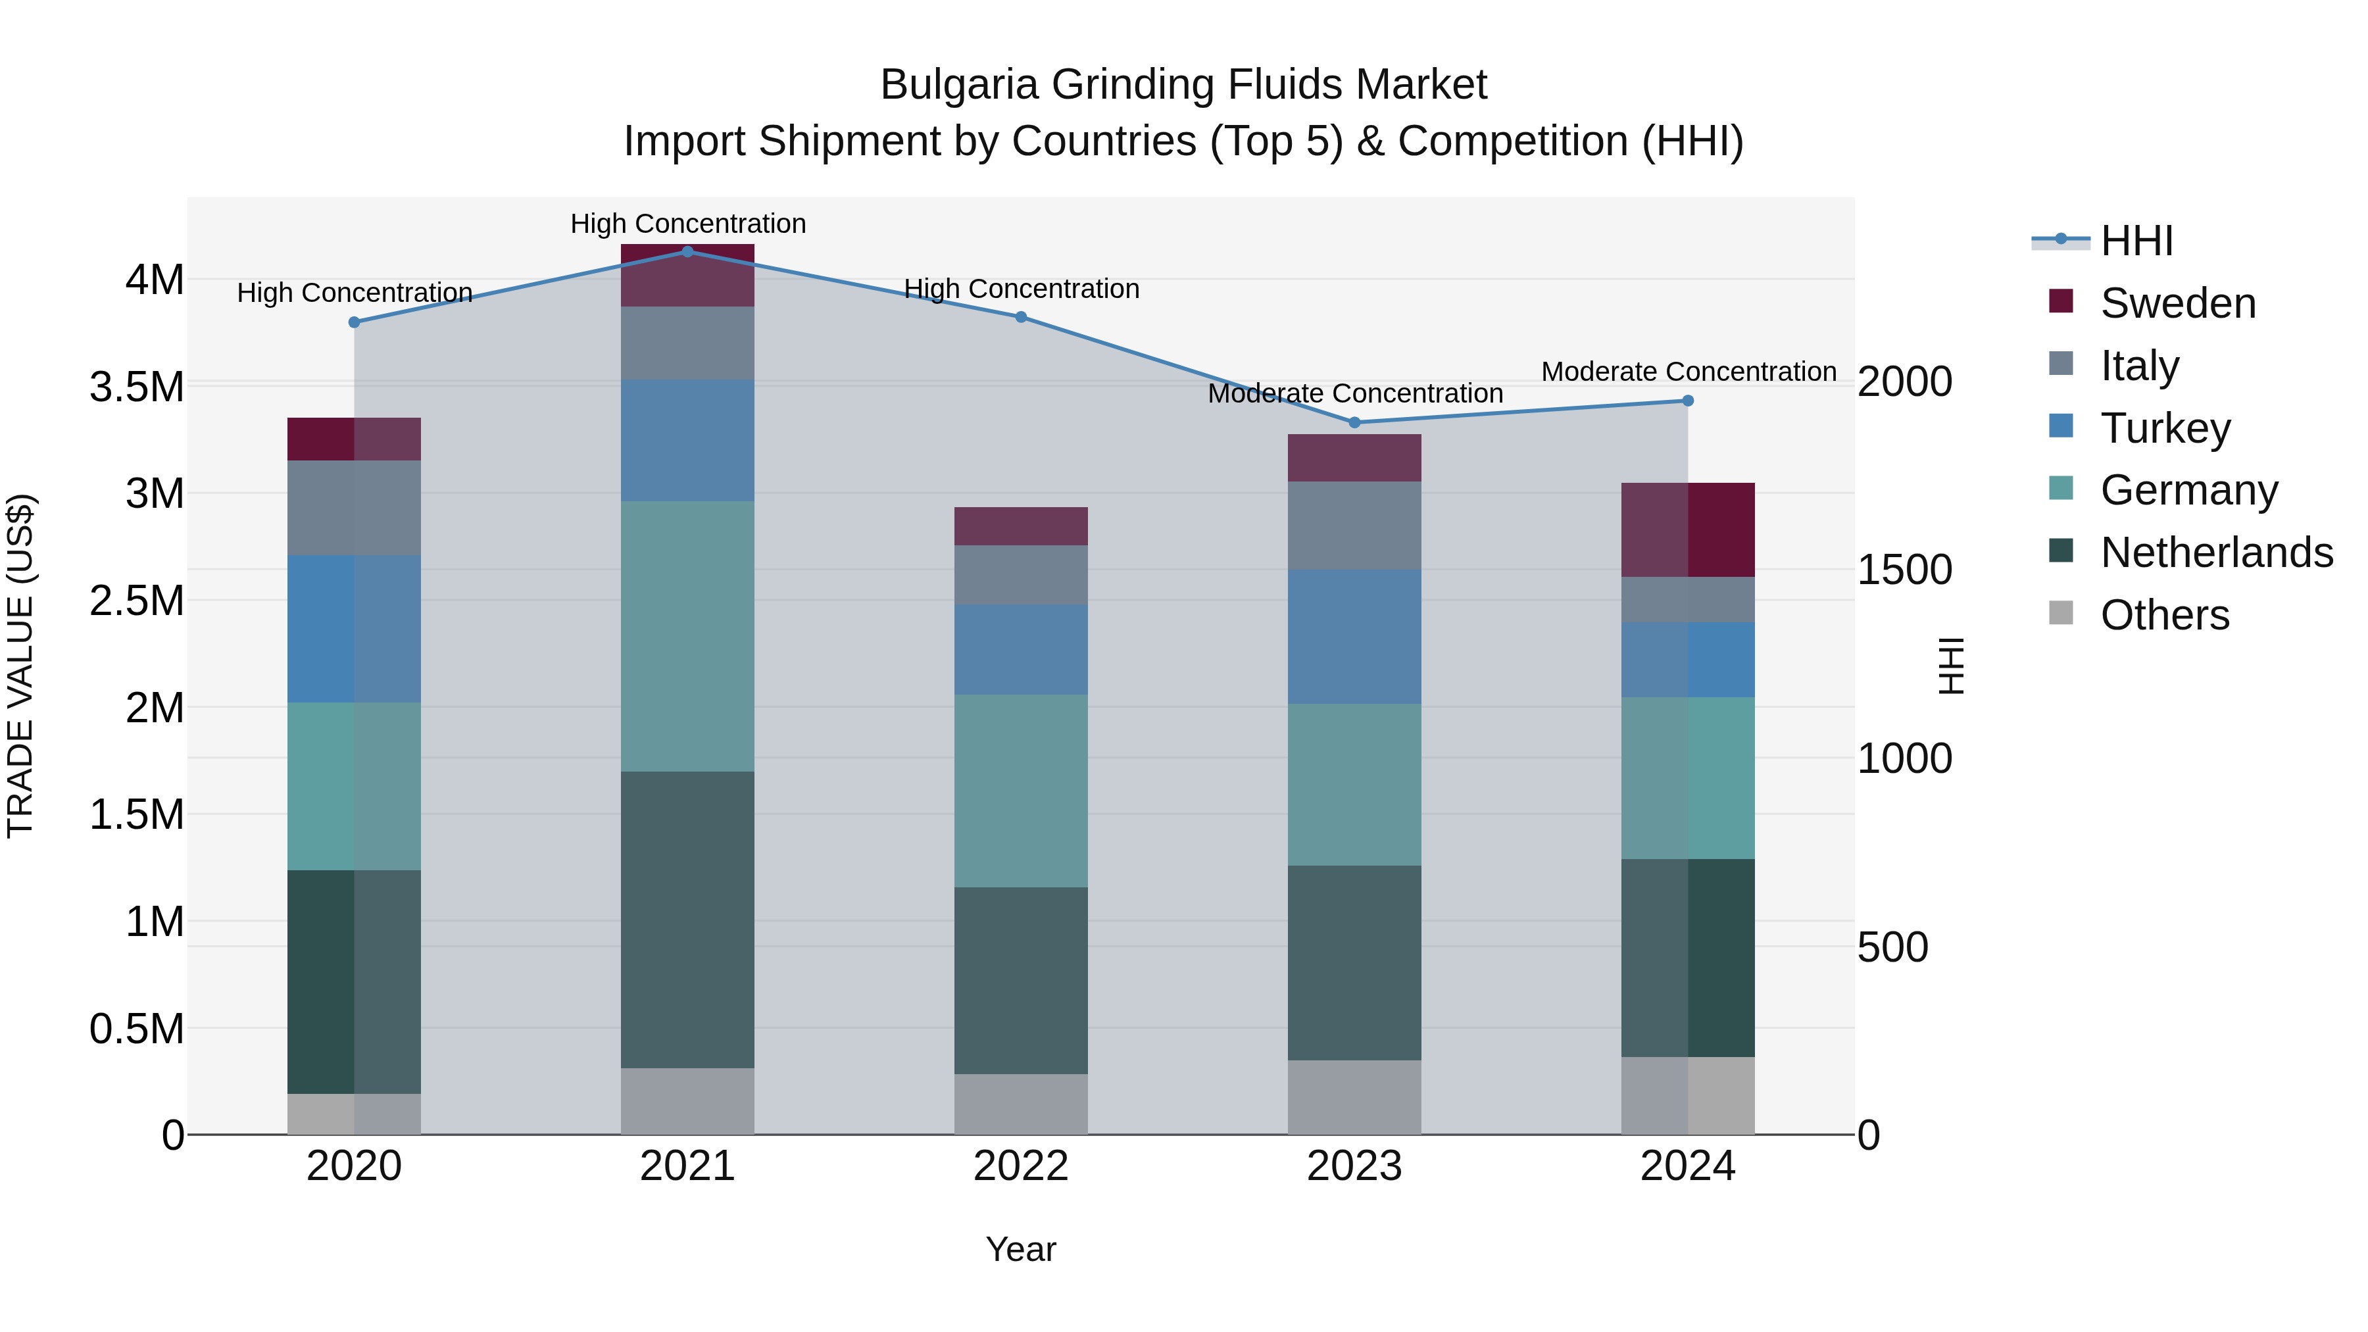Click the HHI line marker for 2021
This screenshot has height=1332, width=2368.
pos(687,252)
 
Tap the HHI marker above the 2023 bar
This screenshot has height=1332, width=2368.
pos(1354,423)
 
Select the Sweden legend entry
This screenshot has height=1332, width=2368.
pos(2177,303)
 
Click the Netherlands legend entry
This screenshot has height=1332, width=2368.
pos(2215,553)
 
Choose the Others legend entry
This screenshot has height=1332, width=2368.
pos(2164,615)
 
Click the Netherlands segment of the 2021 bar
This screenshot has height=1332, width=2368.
pos(687,920)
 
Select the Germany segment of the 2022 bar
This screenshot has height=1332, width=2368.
pos(1020,791)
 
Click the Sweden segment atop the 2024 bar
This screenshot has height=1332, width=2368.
pos(1688,530)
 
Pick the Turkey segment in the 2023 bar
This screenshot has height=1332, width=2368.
pos(1354,636)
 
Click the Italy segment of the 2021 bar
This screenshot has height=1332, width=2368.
pos(687,343)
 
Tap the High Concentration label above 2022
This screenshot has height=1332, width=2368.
pos(1022,289)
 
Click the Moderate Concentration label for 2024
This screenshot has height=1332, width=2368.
pos(1688,372)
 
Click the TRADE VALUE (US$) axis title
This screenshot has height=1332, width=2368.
pos(20,666)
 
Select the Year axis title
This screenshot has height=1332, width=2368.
pos(1020,1249)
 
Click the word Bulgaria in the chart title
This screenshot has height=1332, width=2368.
pos(960,85)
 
